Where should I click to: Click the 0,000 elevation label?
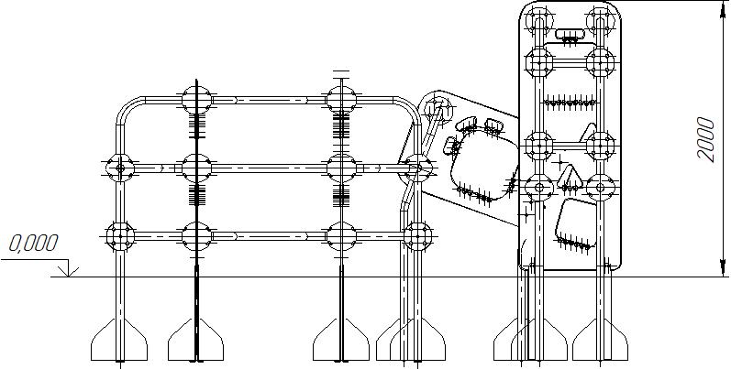(x=34, y=244)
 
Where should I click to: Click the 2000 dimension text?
(x=705, y=139)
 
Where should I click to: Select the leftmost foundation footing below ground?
(x=118, y=343)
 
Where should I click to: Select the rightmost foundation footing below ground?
(x=603, y=343)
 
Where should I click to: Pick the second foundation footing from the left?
(x=196, y=343)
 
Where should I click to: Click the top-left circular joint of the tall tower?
(x=538, y=20)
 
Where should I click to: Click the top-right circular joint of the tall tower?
(x=601, y=20)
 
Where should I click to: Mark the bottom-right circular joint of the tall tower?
(x=601, y=186)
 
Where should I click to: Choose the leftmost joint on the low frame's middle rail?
(x=118, y=167)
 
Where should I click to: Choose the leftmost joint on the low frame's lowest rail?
(x=118, y=234)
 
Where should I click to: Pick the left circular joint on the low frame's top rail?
(x=196, y=99)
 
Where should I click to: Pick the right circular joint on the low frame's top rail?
(x=341, y=99)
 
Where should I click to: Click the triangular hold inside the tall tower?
(x=571, y=179)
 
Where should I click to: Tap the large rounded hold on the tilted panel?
(x=480, y=166)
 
